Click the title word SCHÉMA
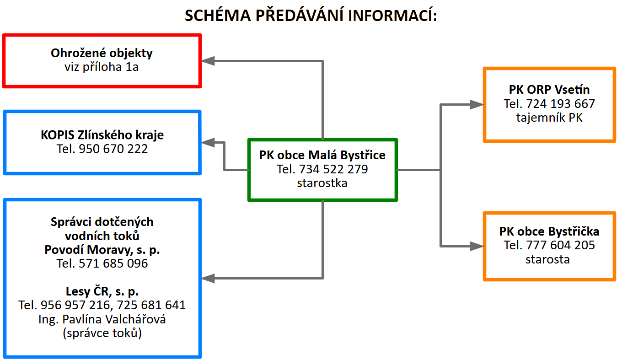pyautogui.click(x=218, y=15)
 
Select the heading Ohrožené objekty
pyautogui.click(x=102, y=53)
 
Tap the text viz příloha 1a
pyautogui.click(x=102, y=67)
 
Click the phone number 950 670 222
pyautogui.click(x=113, y=149)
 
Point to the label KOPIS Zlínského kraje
pyautogui.click(x=102, y=135)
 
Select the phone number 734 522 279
pyautogui.click(x=333, y=169)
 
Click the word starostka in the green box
pyautogui.click(x=322, y=183)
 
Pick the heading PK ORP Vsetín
pyautogui.click(x=549, y=90)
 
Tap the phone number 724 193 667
pyautogui.click(x=561, y=104)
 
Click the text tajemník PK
pyautogui.click(x=549, y=118)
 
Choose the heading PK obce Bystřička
pyautogui.click(x=549, y=231)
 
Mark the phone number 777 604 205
pyautogui.click(x=561, y=245)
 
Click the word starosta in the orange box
pyautogui.click(x=547, y=259)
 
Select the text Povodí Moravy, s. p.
pyautogui.click(x=102, y=250)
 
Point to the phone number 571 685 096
pyautogui.click(x=113, y=263)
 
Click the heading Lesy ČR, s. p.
pyautogui.click(x=102, y=291)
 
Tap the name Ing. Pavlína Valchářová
pyautogui.click(x=102, y=319)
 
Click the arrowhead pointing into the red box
pyautogui.click(x=208, y=61)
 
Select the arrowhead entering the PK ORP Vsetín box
pyautogui.click(x=477, y=104)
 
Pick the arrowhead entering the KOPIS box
pyautogui.click(x=208, y=143)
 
